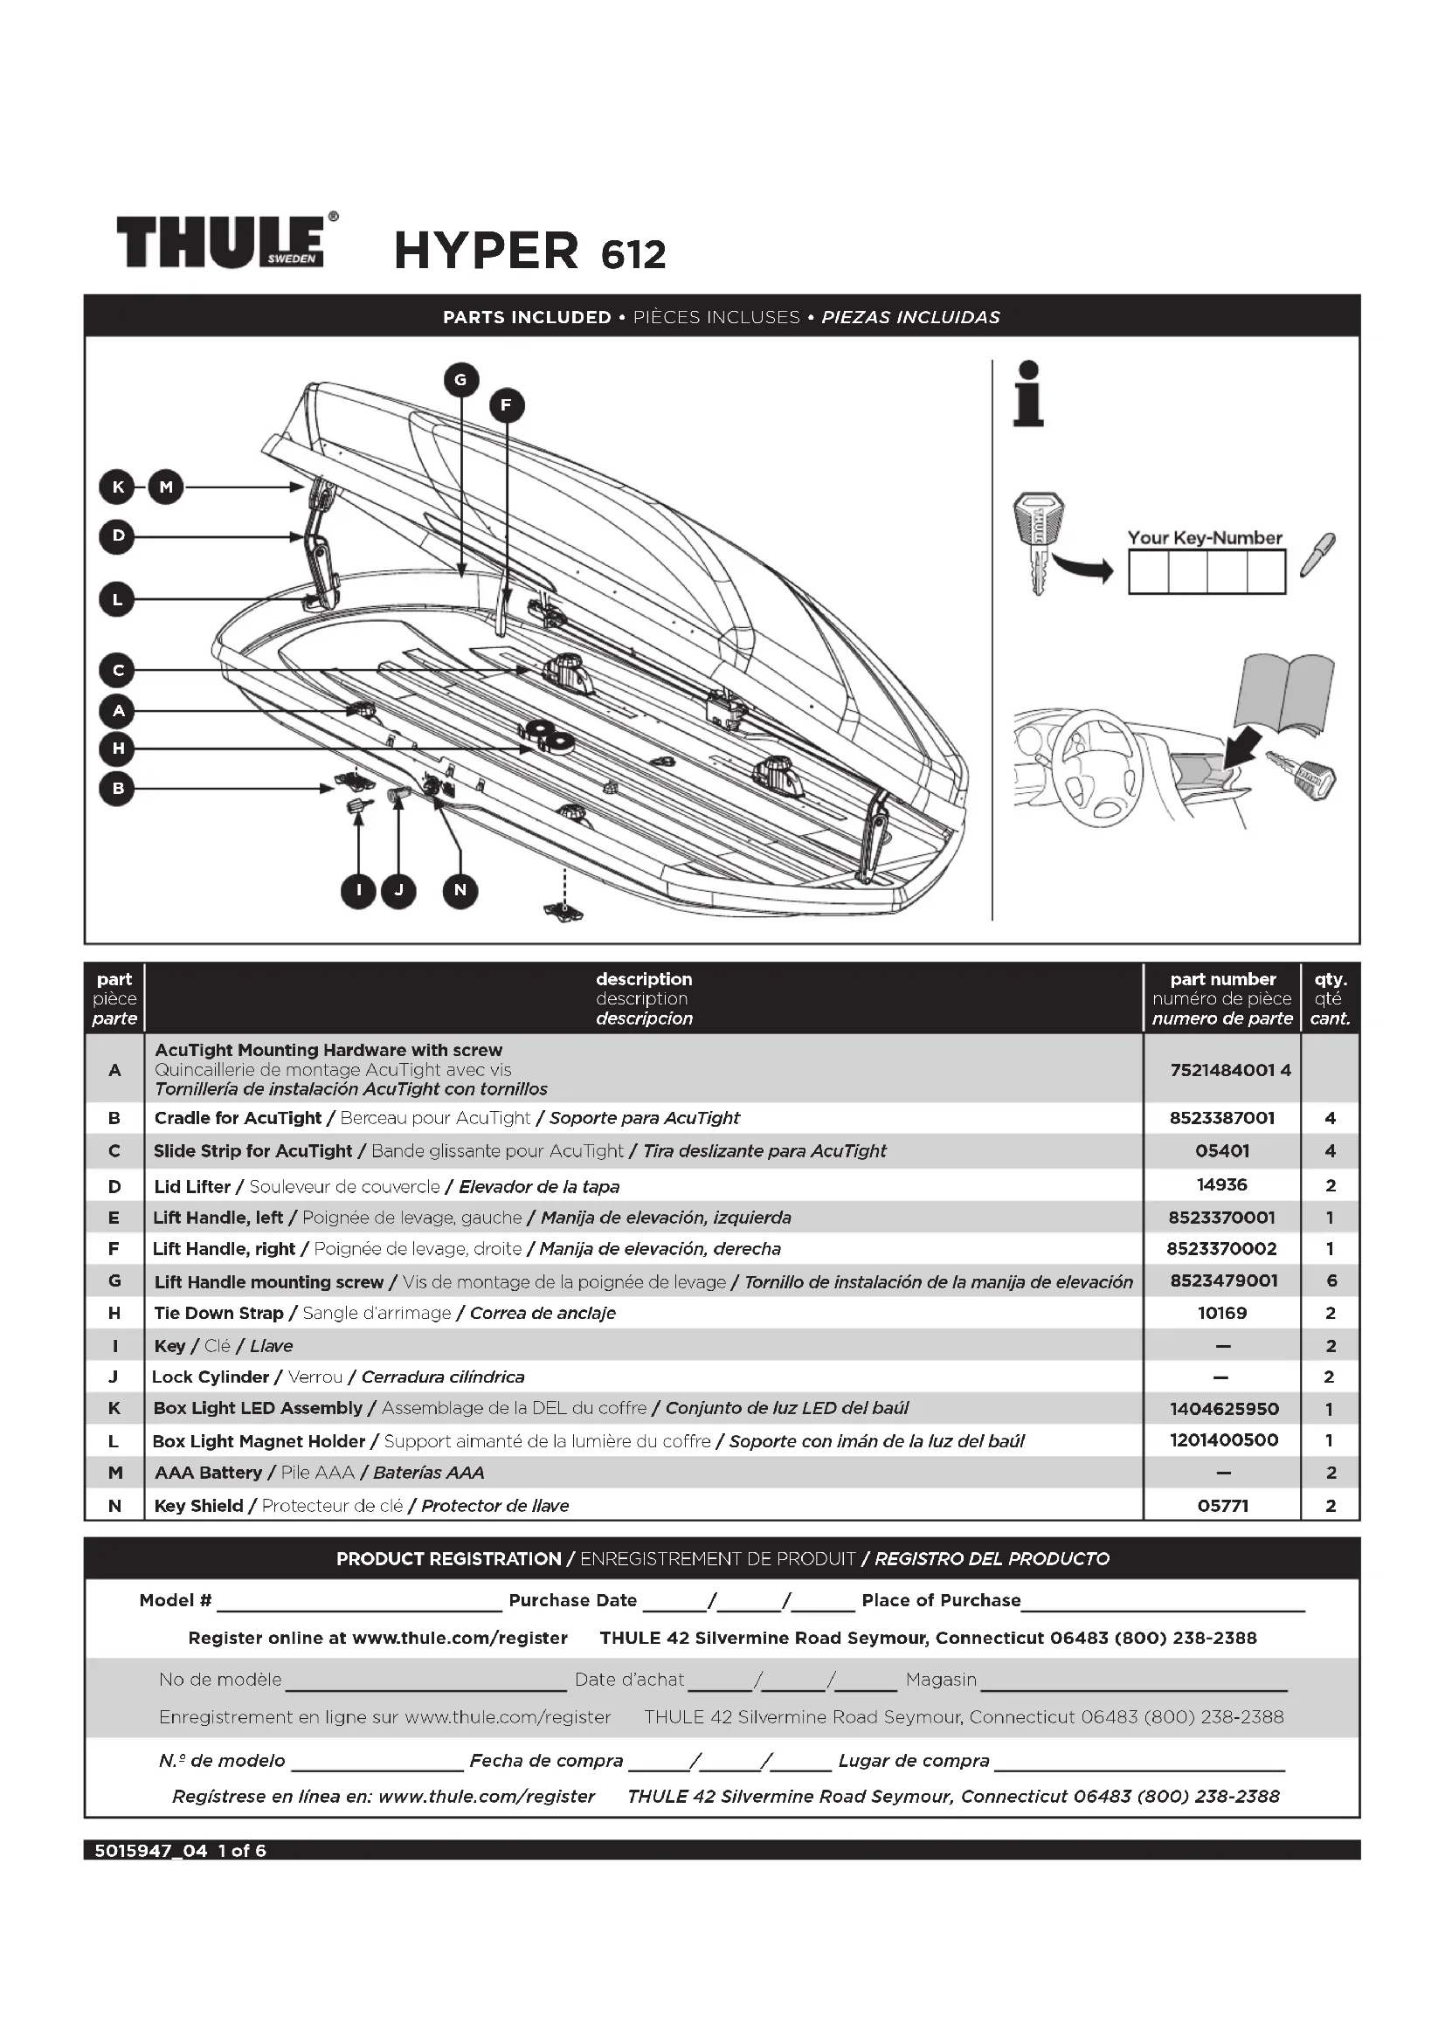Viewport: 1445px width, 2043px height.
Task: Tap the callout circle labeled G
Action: [461, 380]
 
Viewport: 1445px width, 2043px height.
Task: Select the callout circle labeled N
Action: [460, 890]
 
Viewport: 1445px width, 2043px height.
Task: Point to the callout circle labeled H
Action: [116, 749]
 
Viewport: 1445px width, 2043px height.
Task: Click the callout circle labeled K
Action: [116, 487]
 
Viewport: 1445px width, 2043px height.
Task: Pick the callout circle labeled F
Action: [507, 406]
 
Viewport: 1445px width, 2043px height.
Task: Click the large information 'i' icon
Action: [1028, 394]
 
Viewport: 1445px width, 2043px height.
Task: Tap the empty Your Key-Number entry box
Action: [1206, 571]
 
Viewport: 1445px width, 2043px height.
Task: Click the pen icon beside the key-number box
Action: [1317, 555]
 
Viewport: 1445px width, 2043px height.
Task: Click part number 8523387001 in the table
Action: [1221, 1118]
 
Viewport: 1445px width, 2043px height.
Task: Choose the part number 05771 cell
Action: [1222, 1506]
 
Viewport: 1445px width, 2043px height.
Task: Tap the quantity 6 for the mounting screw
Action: [1331, 1281]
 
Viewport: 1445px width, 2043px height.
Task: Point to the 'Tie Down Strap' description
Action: [219, 1314]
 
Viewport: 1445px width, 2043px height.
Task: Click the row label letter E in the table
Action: [114, 1218]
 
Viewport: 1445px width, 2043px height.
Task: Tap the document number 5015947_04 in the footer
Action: [150, 1851]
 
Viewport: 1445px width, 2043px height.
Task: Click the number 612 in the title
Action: [633, 254]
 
